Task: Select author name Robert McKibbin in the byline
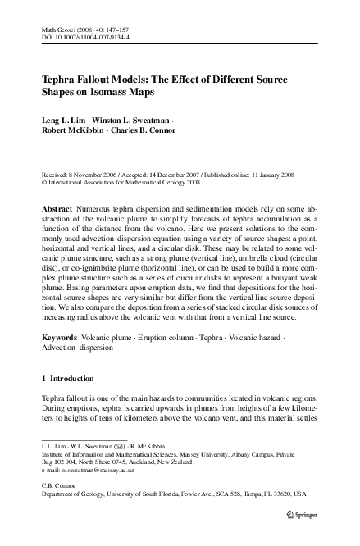click(x=70, y=132)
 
